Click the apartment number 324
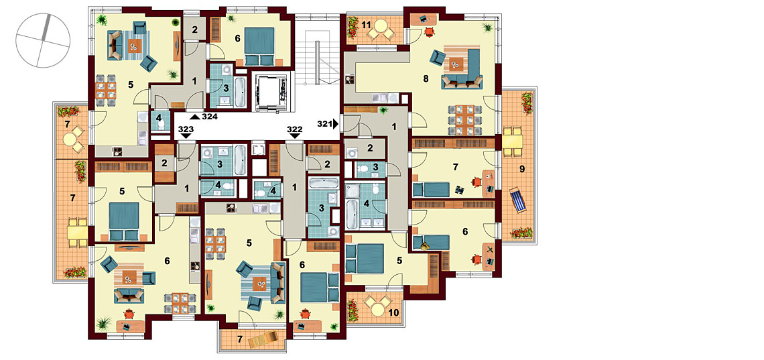[x=210, y=117]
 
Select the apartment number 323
[x=186, y=129]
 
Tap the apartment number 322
[x=295, y=129]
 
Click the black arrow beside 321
[x=336, y=124]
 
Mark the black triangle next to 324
[x=195, y=117]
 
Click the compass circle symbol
[x=43, y=40]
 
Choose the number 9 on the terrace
[x=522, y=169]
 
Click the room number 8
[x=426, y=78]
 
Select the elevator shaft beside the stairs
[x=270, y=91]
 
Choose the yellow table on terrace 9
[x=513, y=141]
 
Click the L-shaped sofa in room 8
[x=466, y=68]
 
